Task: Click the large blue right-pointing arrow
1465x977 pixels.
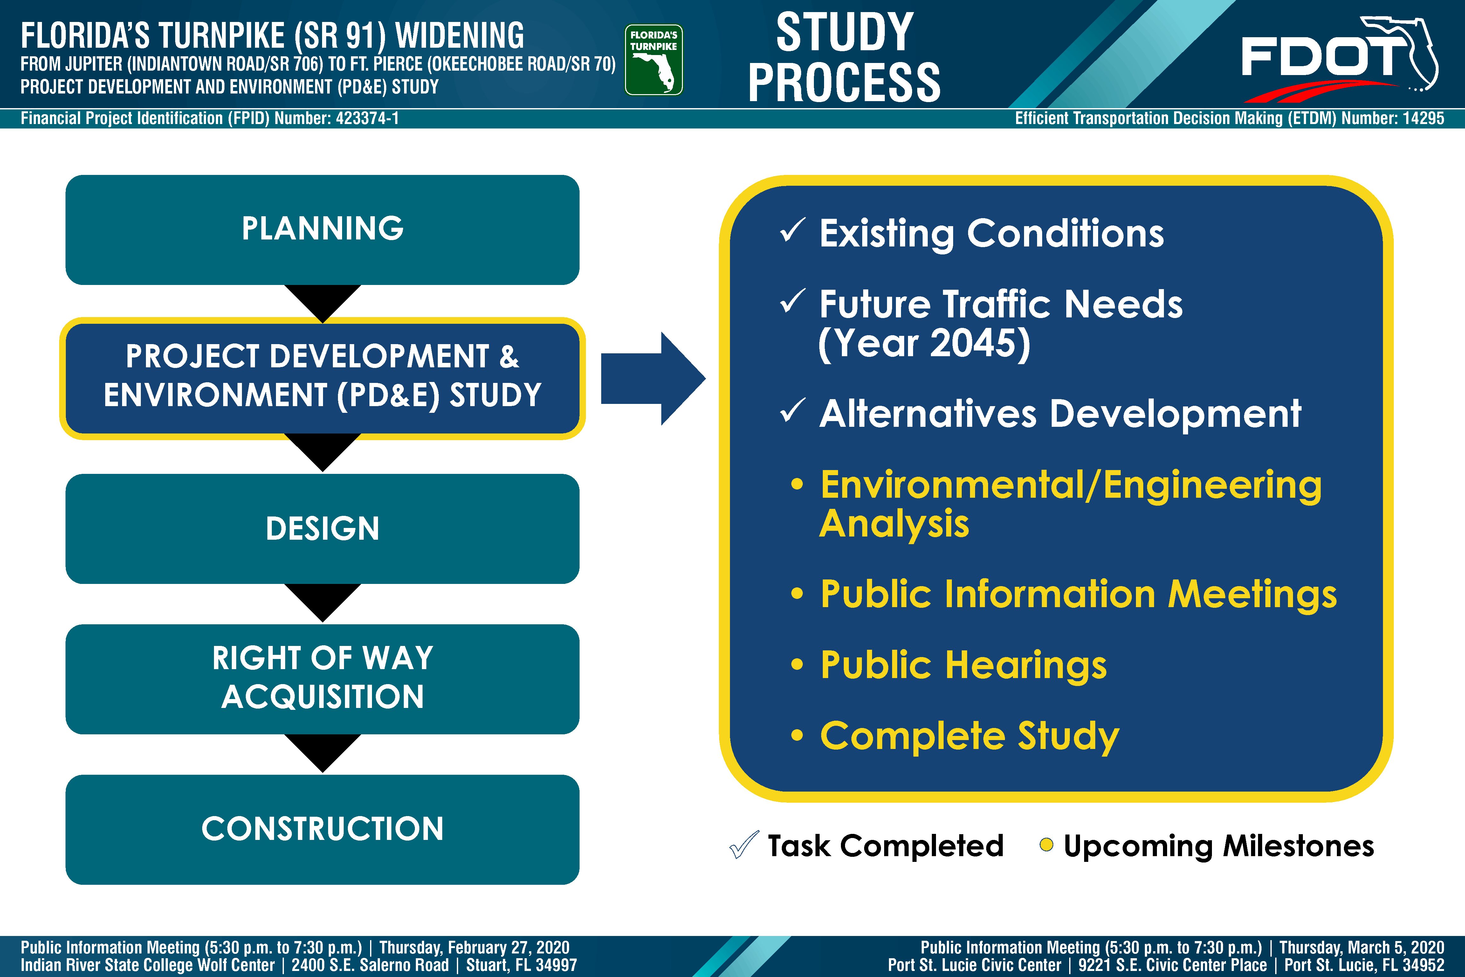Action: coord(653,379)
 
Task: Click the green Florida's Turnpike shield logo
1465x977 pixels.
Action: coord(653,60)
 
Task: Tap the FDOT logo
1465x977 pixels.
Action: coord(1339,59)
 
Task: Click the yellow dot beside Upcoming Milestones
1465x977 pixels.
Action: coord(1046,845)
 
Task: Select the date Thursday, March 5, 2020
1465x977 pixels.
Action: coord(1362,948)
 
